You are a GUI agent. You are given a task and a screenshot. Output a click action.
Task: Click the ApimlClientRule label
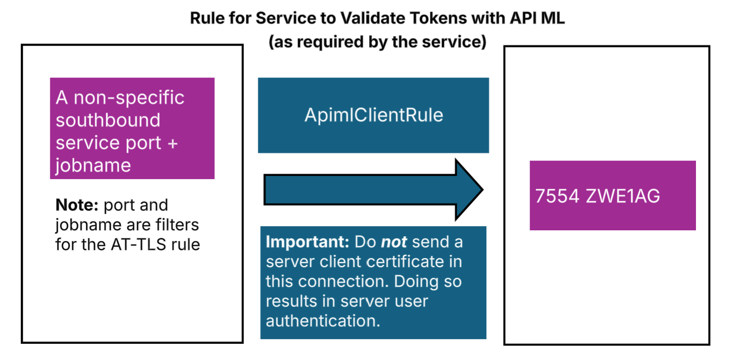click(374, 115)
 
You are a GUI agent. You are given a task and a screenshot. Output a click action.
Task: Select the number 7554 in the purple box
click(557, 196)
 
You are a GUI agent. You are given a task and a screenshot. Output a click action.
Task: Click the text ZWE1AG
click(623, 196)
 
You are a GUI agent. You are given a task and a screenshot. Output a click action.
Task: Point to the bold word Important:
click(307, 242)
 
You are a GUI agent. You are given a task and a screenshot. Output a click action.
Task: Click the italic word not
click(393, 242)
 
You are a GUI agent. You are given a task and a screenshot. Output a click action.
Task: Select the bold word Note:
click(77, 205)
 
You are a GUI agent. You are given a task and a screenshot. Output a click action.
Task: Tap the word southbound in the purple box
click(108, 120)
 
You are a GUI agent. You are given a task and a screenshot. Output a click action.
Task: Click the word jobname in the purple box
click(93, 166)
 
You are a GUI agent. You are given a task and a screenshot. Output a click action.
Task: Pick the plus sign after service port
click(173, 144)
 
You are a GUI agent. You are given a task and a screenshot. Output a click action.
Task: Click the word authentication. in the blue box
click(323, 321)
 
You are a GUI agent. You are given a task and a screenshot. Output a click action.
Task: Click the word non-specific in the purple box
click(129, 98)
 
